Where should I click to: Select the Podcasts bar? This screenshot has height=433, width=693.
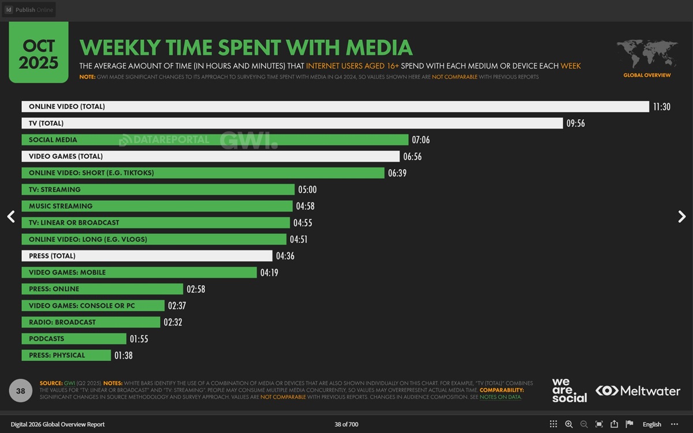coord(74,339)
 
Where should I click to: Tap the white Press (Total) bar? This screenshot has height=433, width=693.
coord(147,256)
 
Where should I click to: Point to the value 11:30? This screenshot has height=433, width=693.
coord(662,107)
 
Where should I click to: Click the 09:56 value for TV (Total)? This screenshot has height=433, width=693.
coord(576,124)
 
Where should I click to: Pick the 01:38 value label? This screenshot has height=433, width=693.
coord(124,356)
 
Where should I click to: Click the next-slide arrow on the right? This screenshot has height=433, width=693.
coord(681,216)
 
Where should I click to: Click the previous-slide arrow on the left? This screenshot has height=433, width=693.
coord(11,216)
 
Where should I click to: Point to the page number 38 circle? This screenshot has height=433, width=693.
coord(21,391)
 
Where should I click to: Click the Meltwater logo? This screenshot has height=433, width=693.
coord(638,391)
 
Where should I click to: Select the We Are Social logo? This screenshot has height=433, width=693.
coord(569,390)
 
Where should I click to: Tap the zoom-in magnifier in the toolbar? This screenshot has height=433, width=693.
coord(569,424)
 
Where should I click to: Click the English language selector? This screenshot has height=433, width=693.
coord(651,424)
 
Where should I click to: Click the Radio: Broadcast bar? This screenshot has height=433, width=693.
coord(91,322)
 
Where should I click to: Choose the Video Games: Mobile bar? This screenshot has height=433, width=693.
coord(139,273)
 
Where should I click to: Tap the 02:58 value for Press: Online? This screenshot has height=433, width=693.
coord(196,289)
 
